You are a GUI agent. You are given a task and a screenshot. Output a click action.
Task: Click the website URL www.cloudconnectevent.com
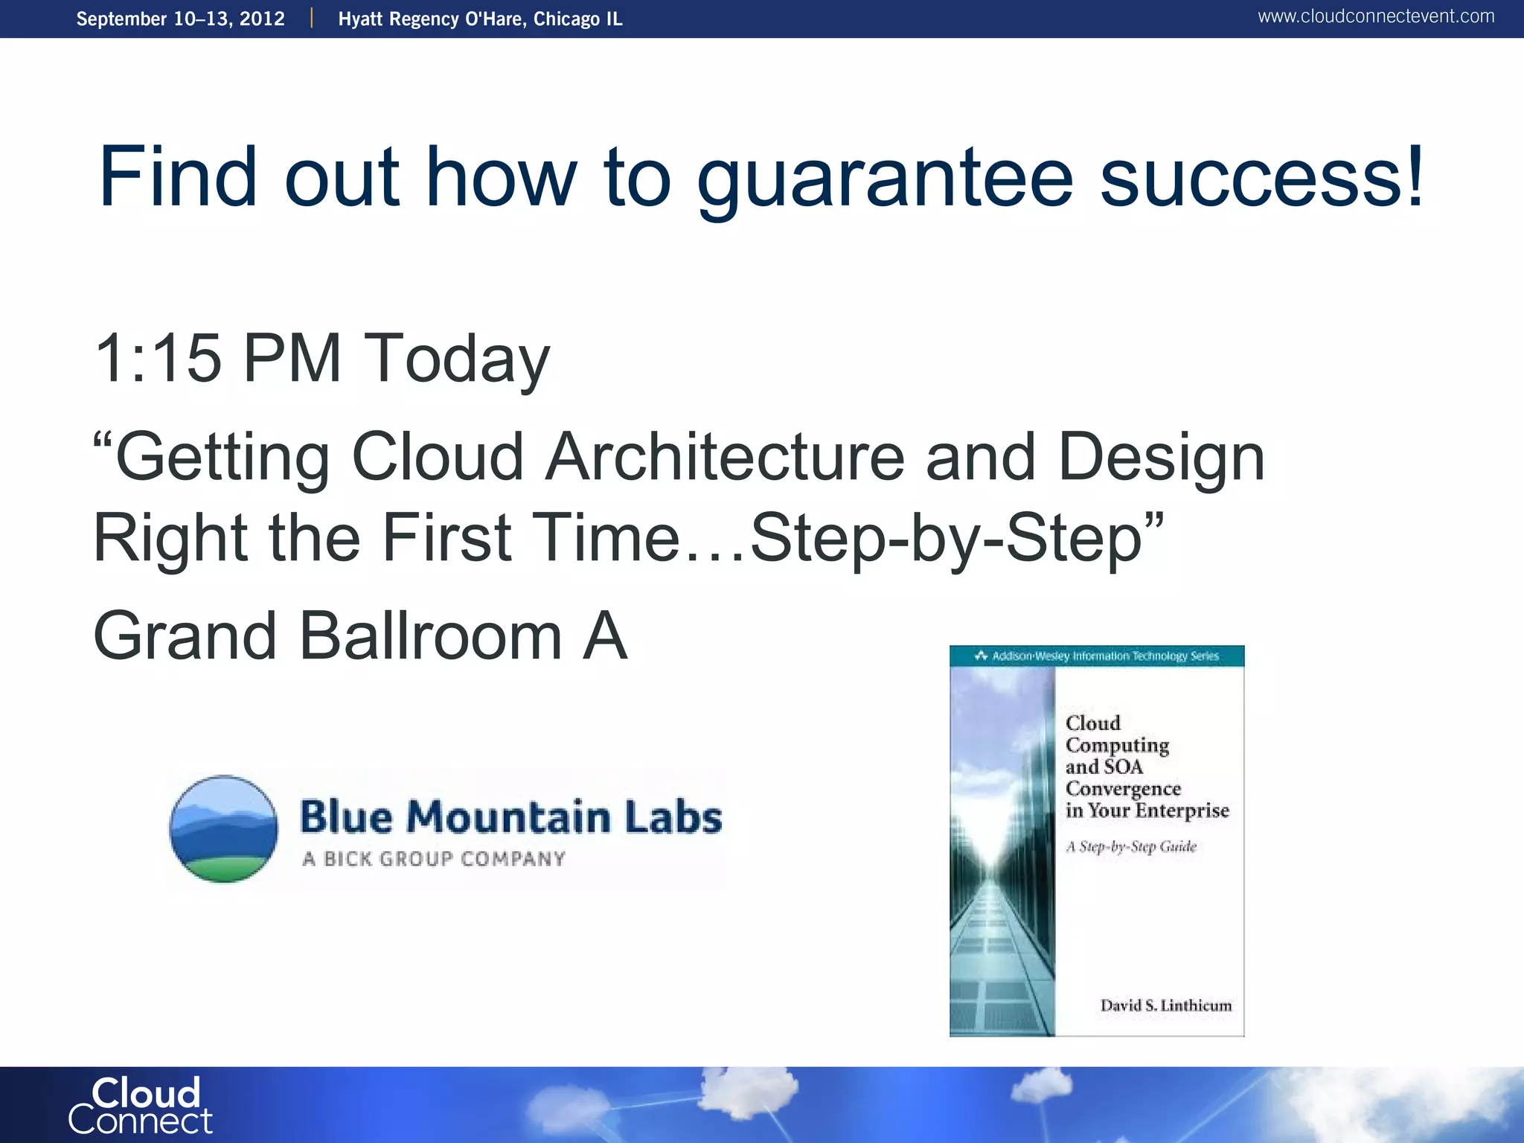(1375, 16)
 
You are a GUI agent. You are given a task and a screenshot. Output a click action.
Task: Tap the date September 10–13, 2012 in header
(181, 19)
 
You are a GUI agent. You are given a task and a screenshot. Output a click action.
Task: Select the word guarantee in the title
(884, 179)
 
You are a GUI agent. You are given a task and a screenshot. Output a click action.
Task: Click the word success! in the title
(1262, 179)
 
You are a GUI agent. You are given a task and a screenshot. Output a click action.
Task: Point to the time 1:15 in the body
(159, 359)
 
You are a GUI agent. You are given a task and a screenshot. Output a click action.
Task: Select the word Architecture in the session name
(725, 457)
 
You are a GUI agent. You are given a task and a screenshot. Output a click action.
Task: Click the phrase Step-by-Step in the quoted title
(945, 539)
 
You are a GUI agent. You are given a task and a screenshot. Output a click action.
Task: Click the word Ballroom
(430, 636)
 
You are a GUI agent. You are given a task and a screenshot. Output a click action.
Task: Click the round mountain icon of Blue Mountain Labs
(223, 829)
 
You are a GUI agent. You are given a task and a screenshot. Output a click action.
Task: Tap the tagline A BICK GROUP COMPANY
(434, 859)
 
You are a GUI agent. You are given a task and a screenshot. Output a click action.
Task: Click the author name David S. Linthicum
(1165, 1005)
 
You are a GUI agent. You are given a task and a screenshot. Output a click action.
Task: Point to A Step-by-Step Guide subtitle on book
(1130, 847)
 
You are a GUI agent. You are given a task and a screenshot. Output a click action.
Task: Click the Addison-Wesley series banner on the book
(1097, 656)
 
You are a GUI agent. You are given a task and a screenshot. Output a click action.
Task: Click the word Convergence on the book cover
(1123, 789)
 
